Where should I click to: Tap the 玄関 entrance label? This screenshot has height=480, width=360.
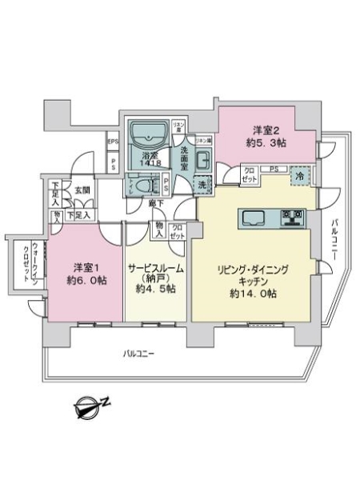pos(83,190)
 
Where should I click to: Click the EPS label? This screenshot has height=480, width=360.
pos(113,145)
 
